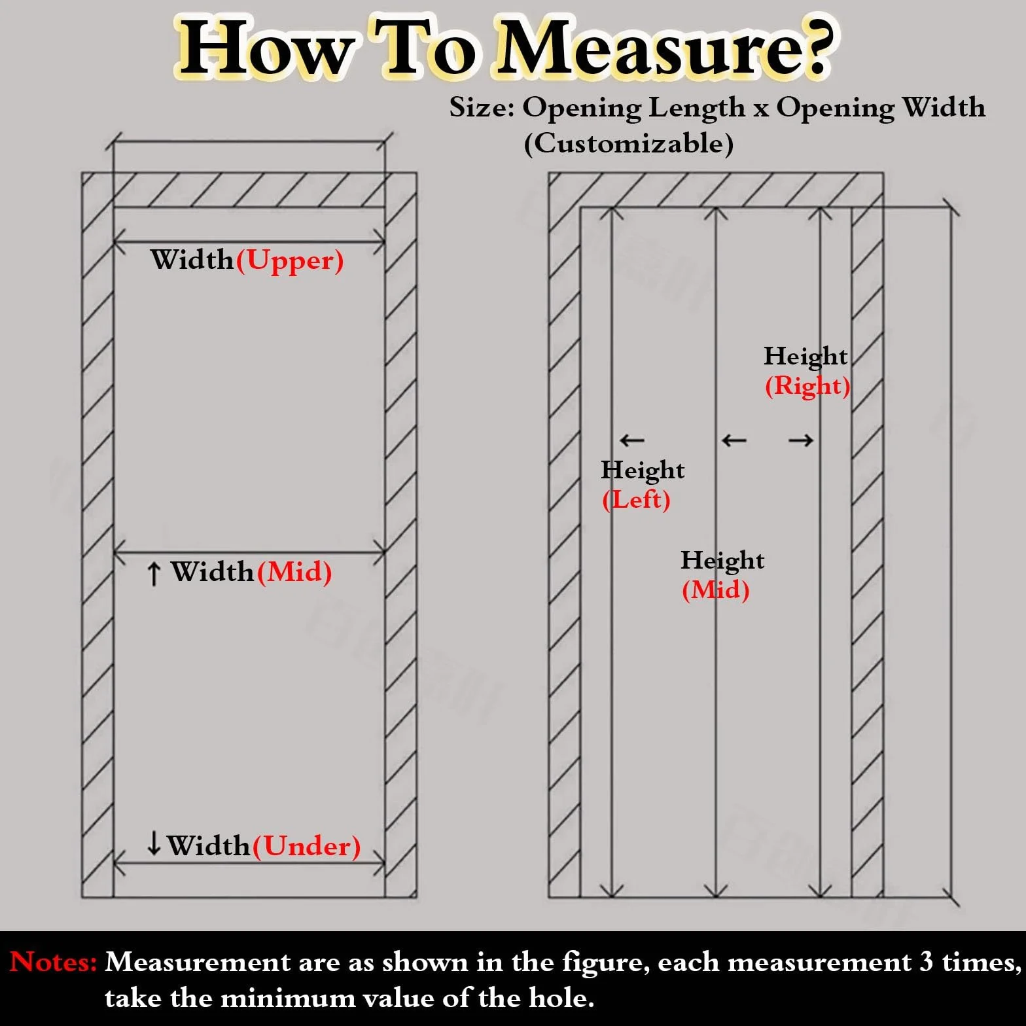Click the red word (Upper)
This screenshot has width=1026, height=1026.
click(290, 261)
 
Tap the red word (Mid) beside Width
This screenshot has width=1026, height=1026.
click(294, 573)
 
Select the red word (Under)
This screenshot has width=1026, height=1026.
click(307, 847)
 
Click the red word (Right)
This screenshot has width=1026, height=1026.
click(807, 386)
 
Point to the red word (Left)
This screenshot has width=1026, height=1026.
click(636, 500)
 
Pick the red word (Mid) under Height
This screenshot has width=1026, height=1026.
click(715, 590)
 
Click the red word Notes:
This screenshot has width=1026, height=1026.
click(54, 962)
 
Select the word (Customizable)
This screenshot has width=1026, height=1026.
click(629, 143)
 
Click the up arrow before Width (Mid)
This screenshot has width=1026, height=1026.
click(154, 574)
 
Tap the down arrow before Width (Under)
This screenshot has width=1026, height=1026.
click(154, 843)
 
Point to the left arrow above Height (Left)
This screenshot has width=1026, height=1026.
click(631, 440)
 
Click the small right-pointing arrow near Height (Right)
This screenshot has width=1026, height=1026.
click(801, 440)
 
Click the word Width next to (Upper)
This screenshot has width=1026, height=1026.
click(192, 260)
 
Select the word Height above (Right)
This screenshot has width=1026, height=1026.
click(805, 357)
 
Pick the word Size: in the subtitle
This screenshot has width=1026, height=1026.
click(482, 107)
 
